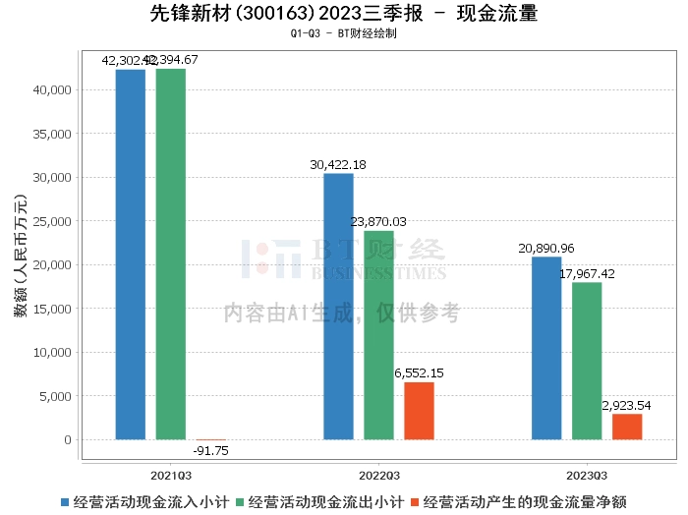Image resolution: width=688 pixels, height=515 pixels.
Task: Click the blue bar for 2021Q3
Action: (x=131, y=255)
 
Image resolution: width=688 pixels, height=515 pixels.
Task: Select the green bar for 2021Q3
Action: (x=171, y=255)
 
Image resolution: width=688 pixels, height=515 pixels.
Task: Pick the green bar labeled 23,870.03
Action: (x=379, y=335)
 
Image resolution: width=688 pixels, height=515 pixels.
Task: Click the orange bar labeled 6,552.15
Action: (x=419, y=411)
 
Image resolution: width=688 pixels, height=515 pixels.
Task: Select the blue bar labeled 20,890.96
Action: (x=546, y=348)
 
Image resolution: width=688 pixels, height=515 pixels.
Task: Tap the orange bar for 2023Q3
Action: (x=627, y=427)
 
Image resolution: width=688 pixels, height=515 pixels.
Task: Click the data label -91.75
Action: (x=210, y=450)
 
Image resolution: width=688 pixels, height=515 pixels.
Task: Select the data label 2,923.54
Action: (x=626, y=405)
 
